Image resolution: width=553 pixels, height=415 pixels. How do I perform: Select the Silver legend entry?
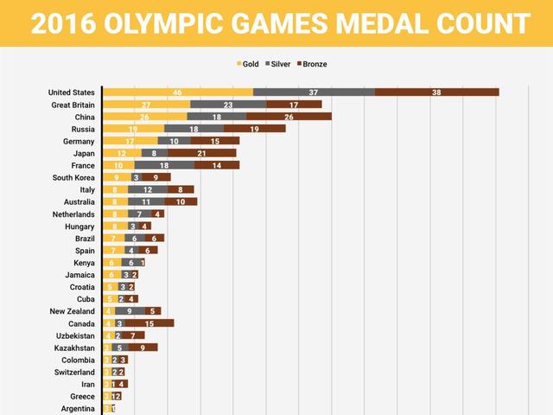(x=281, y=64)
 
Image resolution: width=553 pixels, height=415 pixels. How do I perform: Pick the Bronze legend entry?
(x=312, y=64)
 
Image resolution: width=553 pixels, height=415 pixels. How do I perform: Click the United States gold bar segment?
(x=178, y=93)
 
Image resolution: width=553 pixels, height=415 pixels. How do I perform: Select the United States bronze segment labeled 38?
(x=436, y=93)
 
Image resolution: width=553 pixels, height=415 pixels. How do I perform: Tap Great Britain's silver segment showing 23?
(x=228, y=105)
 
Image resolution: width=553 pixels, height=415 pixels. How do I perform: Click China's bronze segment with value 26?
(x=289, y=117)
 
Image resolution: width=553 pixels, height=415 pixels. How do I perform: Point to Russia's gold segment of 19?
(x=134, y=129)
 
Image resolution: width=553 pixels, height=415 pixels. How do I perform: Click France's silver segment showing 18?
(x=164, y=165)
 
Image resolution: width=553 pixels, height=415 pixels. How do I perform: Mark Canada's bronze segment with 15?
(x=149, y=322)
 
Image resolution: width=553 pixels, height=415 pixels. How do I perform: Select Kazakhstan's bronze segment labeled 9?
(x=143, y=347)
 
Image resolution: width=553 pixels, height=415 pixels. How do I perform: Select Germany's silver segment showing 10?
(x=175, y=141)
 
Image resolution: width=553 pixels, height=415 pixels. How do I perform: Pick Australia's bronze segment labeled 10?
(x=181, y=201)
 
